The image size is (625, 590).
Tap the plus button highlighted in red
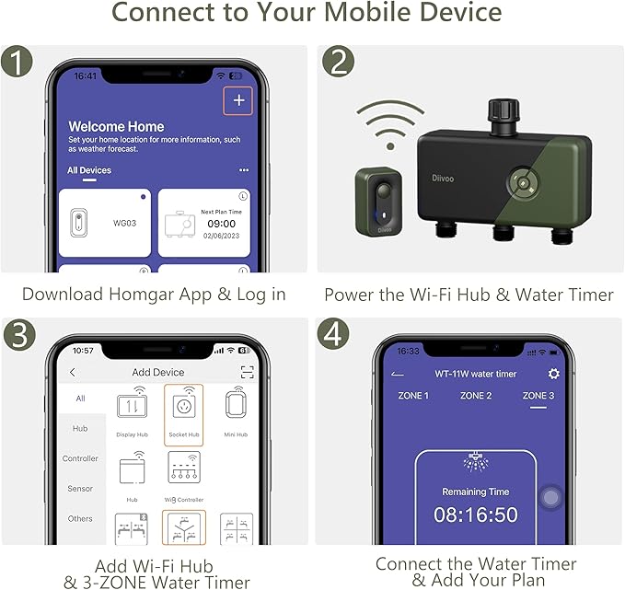pos(238,101)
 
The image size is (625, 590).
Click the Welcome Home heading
pos(116,126)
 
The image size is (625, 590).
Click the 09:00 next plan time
pos(222,222)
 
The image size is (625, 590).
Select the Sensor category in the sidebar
pos(80,489)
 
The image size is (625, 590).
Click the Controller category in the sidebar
pos(80,458)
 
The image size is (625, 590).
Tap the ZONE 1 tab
pos(412,396)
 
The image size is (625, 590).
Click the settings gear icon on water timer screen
pos(553,374)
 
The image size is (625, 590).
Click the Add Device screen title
pos(158,373)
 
